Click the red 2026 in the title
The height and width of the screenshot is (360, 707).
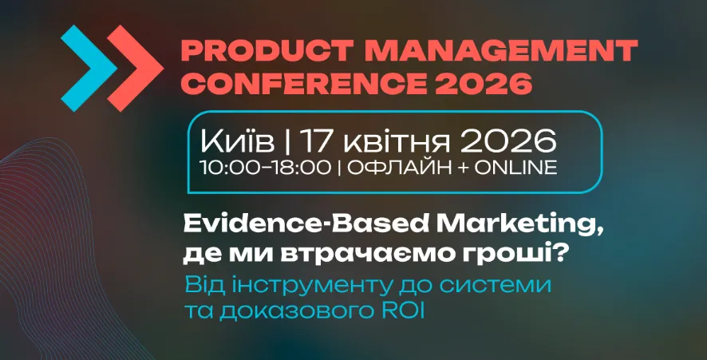tap(496, 82)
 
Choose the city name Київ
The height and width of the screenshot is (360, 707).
tap(236, 143)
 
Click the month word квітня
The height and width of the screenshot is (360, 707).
tap(387, 143)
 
